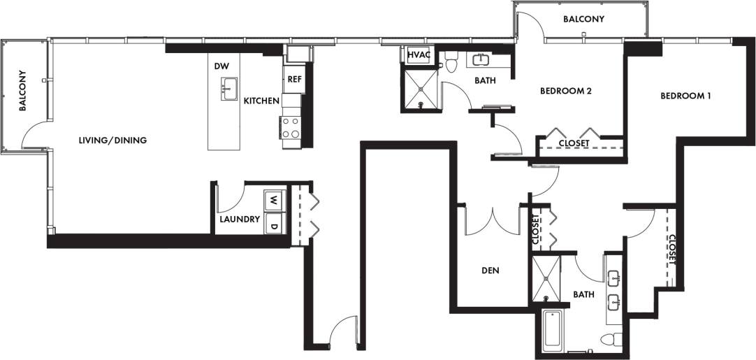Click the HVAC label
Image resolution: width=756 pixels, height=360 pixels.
pos(419,55)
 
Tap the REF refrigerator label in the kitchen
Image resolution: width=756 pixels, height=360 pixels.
pos(294,79)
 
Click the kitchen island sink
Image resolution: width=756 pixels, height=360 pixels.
pos(229,87)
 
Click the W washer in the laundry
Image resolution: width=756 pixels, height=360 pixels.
pos(274,200)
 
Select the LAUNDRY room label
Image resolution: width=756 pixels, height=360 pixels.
pos(240,219)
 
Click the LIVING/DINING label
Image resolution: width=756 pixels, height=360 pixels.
pos(112,140)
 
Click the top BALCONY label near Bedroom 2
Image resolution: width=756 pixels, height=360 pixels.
pos(583,20)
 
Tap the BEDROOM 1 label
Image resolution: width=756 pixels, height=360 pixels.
pos(685,96)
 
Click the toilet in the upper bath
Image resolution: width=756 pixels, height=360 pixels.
pos(451,62)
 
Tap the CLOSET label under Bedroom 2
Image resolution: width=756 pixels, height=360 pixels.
pos(574,143)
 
